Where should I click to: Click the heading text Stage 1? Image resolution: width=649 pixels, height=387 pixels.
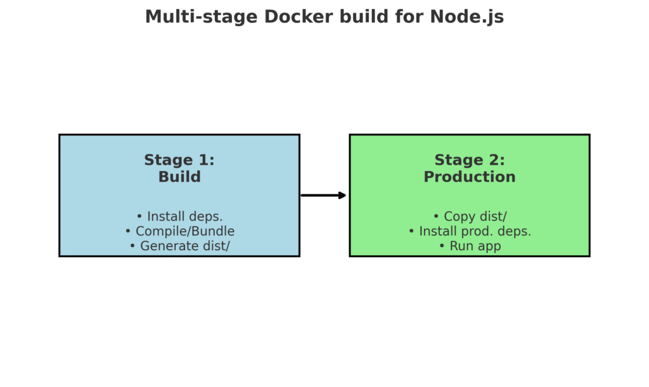[x=179, y=160]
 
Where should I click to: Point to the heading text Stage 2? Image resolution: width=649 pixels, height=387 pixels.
[x=470, y=160]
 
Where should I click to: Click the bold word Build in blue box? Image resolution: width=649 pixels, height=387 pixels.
[x=179, y=177]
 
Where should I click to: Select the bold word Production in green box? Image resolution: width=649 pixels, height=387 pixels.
[x=470, y=177]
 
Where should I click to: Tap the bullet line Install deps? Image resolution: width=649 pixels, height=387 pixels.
[x=179, y=217]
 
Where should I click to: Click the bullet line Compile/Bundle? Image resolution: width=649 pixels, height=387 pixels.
[x=179, y=231]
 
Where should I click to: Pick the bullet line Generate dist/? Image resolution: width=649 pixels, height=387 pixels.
[x=179, y=246]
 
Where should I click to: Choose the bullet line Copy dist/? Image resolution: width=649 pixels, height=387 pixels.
[x=470, y=217]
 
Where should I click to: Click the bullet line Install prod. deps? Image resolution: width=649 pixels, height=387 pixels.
[x=470, y=231]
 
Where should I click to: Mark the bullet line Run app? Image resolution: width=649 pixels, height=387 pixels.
[x=470, y=246]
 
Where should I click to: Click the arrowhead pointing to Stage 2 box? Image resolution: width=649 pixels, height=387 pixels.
[x=342, y=195]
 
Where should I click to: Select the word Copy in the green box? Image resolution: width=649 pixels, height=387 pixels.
[x=459, y=217]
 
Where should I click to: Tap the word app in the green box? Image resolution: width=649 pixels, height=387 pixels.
[x=488, y=246]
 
